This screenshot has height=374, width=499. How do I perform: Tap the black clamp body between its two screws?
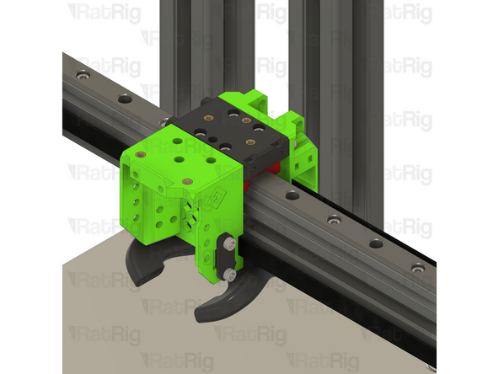click(228, 259)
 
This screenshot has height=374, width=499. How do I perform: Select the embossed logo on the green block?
click(217, 199)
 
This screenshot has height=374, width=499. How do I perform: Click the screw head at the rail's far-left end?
click(83, 77)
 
